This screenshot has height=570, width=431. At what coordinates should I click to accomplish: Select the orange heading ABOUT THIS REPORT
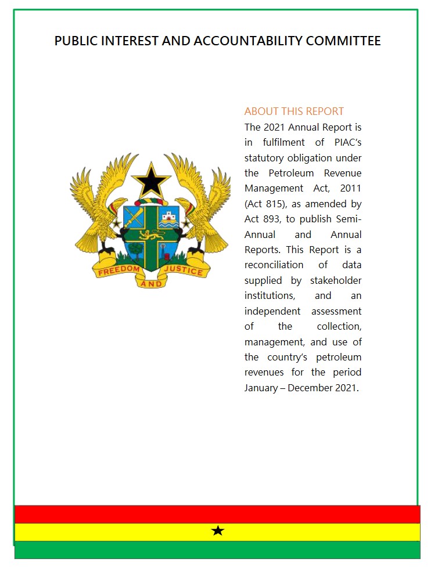coord(294,111)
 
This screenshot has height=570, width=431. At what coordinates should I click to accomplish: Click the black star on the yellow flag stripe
coord(218,531)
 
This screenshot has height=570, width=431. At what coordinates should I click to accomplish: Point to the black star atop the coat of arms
coord(151,181)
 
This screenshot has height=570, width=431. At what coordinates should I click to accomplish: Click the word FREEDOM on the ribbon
coord(118,270)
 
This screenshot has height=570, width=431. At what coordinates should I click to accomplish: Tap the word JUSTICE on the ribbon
coord(184,270)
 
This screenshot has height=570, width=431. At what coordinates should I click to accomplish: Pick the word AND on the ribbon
coord(151,284)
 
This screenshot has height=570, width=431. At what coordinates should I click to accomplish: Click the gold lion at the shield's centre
coord(151,235)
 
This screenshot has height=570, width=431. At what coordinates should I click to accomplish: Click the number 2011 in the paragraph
coord(349,188)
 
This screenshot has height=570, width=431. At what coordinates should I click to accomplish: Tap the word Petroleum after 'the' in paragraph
coord(290,173)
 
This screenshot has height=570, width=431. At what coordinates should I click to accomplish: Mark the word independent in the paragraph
coord(273,311)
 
